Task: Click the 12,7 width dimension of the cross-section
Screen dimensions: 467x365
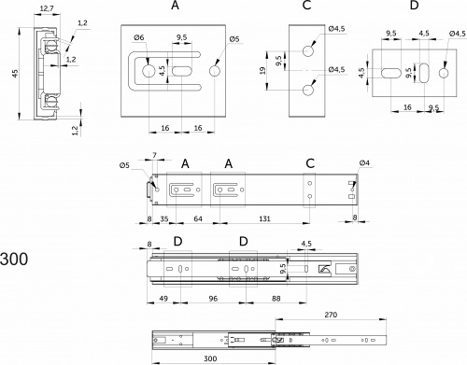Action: coord(47,8)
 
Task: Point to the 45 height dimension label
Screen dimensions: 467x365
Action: coord(15,74)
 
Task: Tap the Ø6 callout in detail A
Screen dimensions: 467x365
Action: coord(139,37)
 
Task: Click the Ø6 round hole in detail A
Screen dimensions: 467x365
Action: coord(149,71)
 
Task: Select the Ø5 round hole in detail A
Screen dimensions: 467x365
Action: coord(215,71)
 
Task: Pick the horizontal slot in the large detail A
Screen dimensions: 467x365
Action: coord(182,71)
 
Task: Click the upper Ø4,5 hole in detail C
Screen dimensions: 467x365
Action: coord(308,51)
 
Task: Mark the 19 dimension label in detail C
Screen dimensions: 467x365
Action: coord(263,70)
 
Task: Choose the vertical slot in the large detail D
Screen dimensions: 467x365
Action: coord(424,73)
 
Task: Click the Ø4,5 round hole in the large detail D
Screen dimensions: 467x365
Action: coord(444,73)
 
